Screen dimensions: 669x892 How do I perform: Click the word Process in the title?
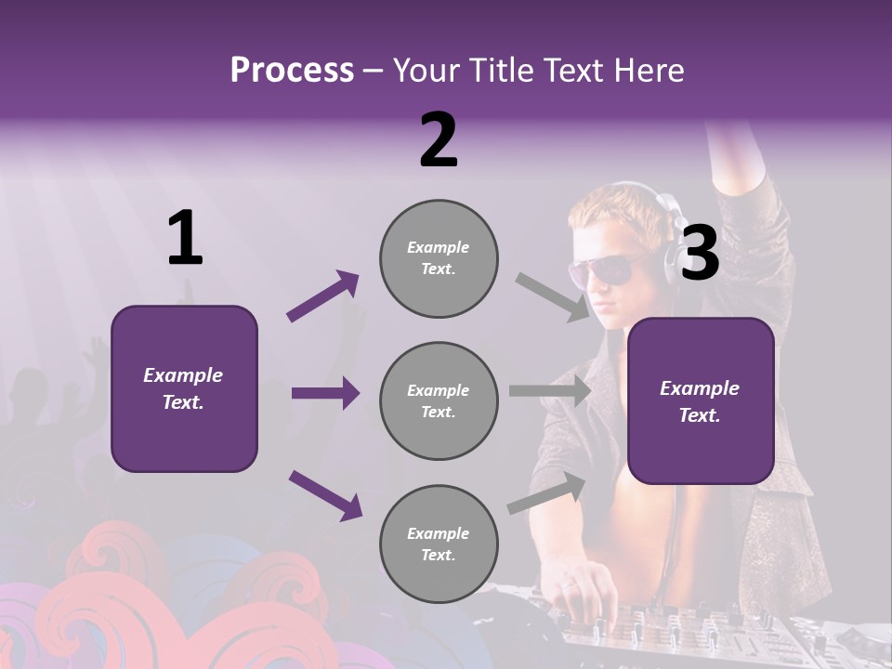pos(292,71)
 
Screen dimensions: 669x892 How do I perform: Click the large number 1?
pos(185,239)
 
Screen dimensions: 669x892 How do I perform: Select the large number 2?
pos(439,140)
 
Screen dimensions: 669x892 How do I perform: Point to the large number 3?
pos(700,253)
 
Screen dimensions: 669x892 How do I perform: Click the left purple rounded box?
pos(184,388)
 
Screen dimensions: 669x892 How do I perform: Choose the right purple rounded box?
pos(701,400)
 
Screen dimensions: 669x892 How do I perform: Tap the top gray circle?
pos(439,258)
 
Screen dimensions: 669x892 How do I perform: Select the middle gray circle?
pos(439,400)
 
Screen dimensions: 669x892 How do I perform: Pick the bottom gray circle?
pos(439,544)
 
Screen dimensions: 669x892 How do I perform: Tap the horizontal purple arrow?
pos(325,393)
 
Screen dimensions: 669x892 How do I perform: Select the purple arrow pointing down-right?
pos(325,495)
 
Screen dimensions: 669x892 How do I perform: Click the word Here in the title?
pos(649,71)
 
